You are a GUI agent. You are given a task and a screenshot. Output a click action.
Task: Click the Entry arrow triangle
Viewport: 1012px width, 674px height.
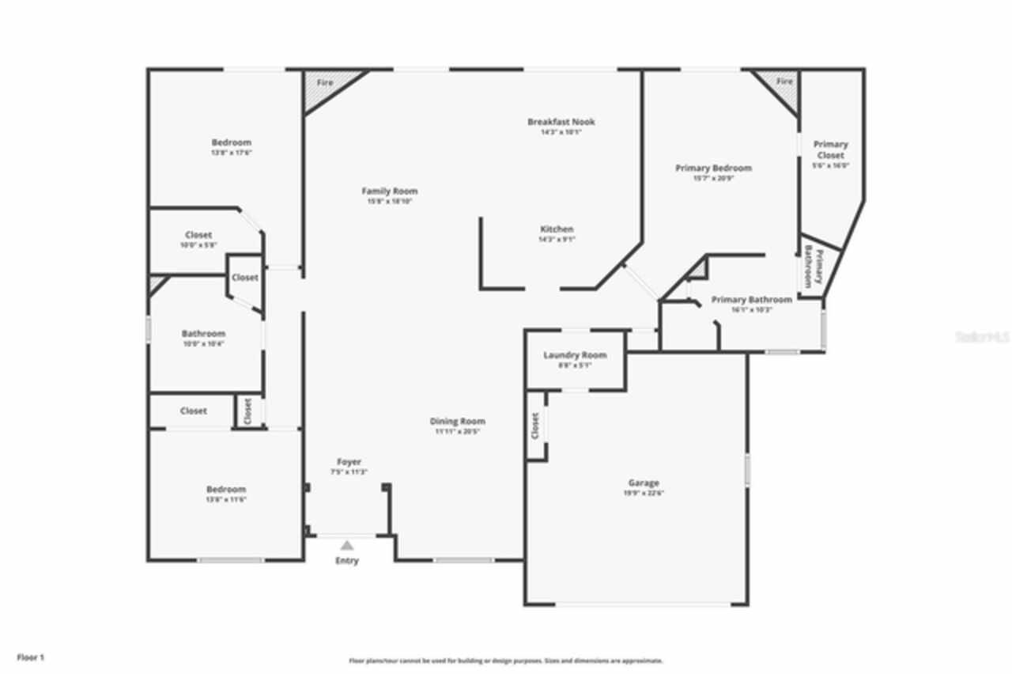pyautogui.click(x=346, y=544)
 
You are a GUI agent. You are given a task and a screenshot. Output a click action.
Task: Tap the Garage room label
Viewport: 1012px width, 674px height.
pyautogui.click(x=644, y=483)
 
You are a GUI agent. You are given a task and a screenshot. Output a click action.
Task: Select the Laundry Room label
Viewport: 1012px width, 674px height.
pyautogui.click(x=575, y=355)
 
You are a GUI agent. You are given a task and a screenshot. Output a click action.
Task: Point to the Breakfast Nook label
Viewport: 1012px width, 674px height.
pyautogui.click(x=561, y=122)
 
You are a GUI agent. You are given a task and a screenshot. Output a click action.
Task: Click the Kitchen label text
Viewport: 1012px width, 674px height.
pyautogui.click(x=557, y=229)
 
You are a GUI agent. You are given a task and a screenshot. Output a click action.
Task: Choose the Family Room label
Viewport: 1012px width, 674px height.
pyautogui.click(x=389, y=191)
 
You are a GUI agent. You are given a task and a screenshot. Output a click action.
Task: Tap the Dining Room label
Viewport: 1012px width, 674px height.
pyautogui.click(x=457, y=422)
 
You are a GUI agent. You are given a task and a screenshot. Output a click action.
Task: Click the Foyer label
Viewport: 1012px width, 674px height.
pyautogui.click(x=349, y=462)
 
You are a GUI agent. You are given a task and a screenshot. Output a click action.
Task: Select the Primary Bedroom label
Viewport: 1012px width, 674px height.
pyautogui.click(x=713, y=168)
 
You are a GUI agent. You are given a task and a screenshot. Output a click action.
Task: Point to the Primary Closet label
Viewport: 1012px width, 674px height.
pyautogui.click(x=830, y=150)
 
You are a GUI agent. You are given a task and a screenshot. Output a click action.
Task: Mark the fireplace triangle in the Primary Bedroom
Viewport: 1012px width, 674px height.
pyautogui.click(x=782, y=85)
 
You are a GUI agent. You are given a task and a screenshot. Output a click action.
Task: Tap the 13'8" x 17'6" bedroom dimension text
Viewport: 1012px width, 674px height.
pyautogui.click(x=231, y=153)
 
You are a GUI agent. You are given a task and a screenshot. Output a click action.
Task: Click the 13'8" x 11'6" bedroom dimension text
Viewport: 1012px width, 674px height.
pyautogui.click(x=226, y=499)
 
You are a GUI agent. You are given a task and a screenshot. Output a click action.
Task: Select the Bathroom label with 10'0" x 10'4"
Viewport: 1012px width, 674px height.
pyautogui.click(x=203, y=334)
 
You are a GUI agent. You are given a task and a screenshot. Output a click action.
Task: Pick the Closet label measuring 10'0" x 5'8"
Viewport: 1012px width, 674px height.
pyautogui.click(x=198, y=235)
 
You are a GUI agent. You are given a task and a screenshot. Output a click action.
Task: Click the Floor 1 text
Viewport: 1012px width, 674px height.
pyautogui.click(x=31, y=657)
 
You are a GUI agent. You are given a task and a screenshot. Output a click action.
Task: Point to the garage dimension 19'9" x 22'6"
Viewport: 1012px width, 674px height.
pyautogui.click(x=644, y=493)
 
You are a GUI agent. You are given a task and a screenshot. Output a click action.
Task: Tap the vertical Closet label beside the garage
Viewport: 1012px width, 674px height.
pyautogui.click(x=535, y=426)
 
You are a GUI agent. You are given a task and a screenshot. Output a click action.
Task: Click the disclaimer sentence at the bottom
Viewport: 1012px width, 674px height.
pyautogui.click(x=506, y=661)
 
